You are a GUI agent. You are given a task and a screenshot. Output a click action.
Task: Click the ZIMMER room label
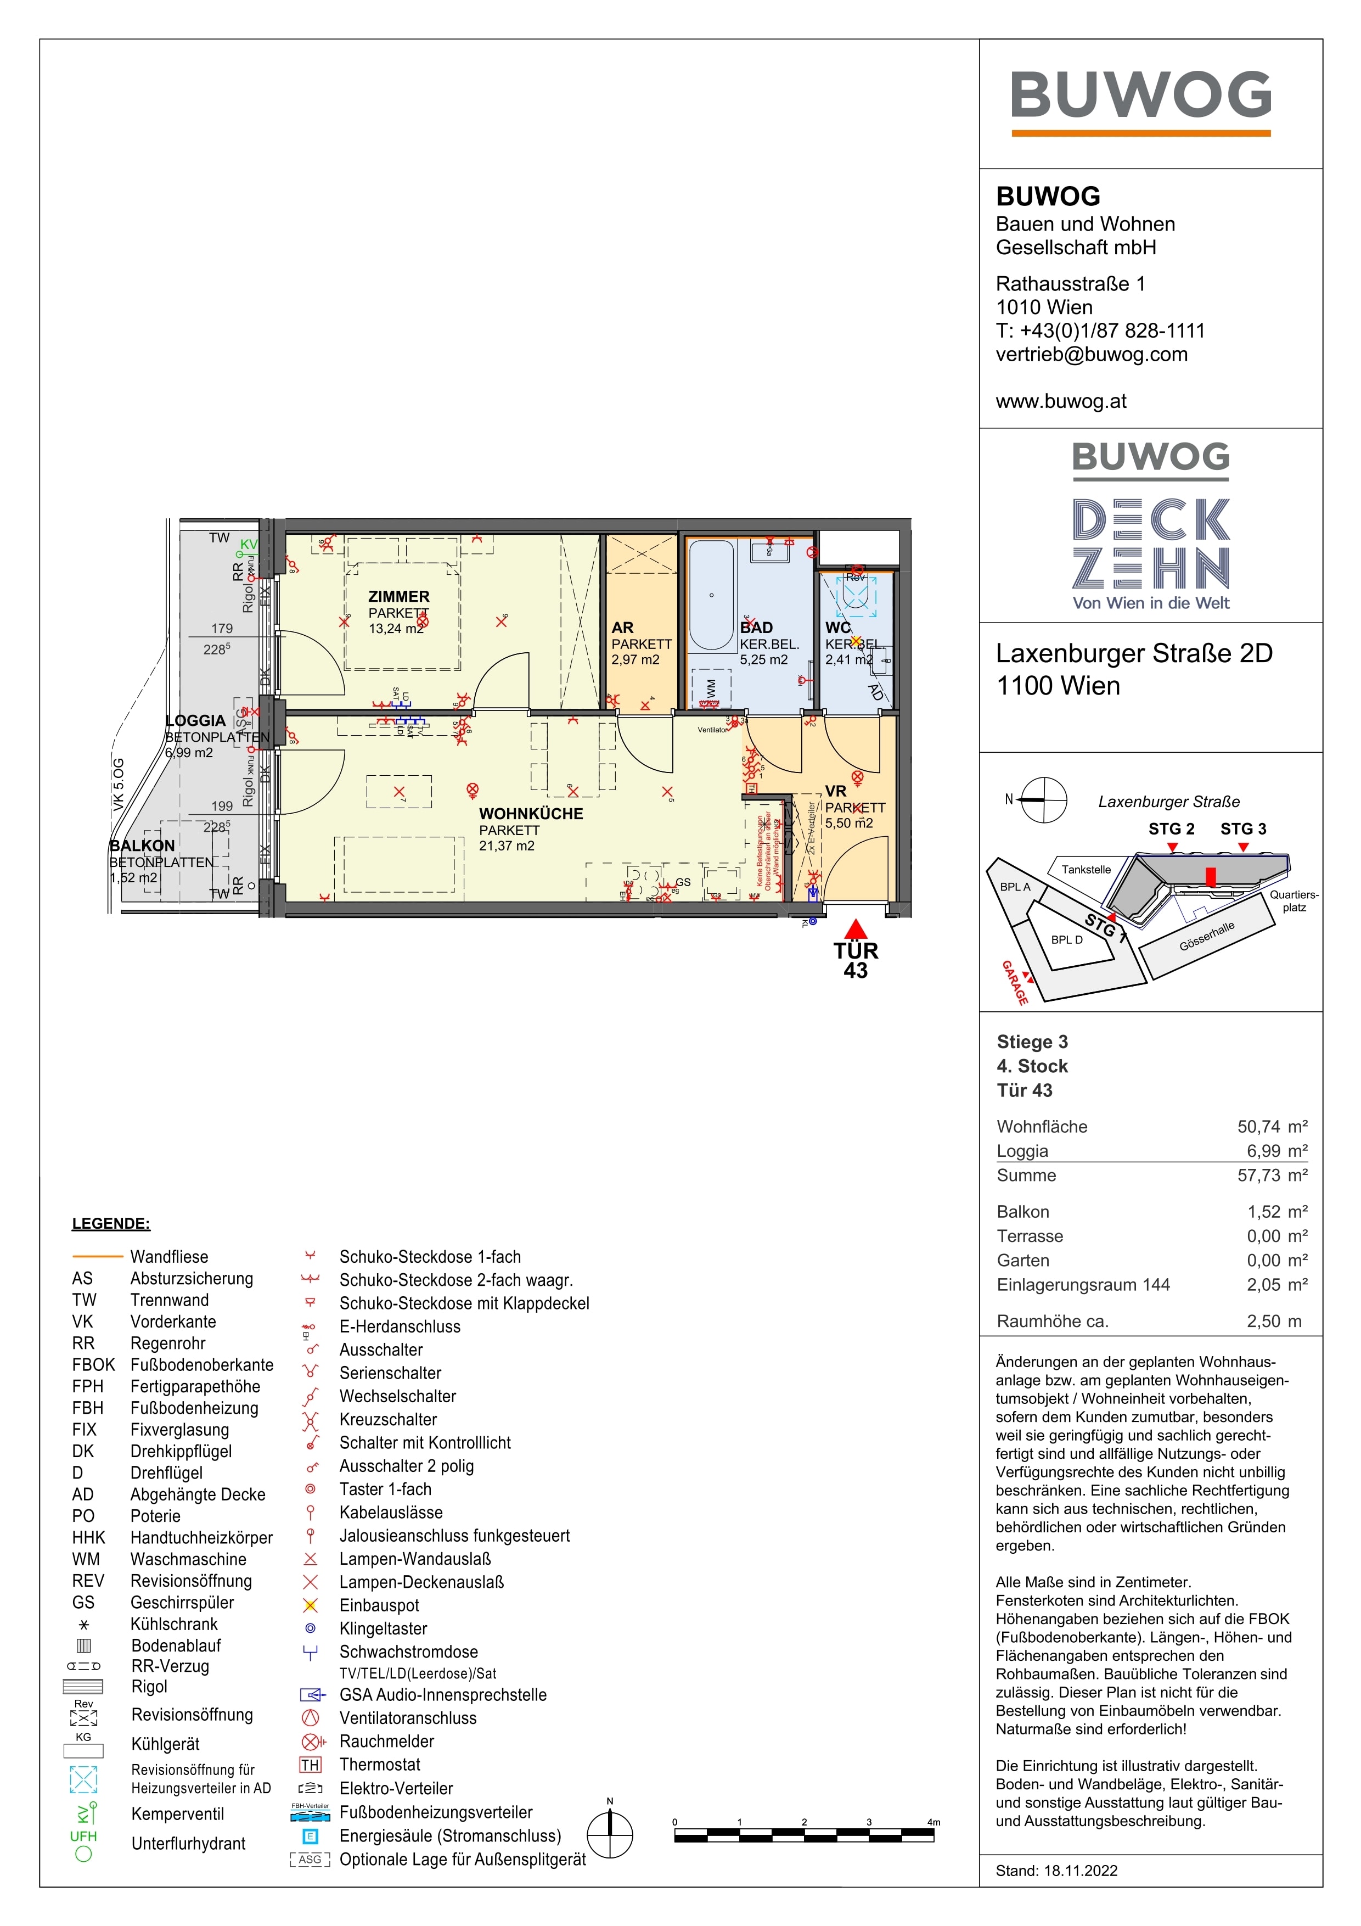tap(398, 596)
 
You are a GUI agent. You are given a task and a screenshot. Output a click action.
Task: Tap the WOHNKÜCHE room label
tap(530, 814)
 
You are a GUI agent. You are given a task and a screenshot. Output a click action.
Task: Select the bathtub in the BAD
tap(711, 596)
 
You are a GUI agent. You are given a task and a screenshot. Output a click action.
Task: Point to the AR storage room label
tap(622, 628)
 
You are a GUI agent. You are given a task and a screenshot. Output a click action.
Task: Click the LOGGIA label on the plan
tap(196, 720)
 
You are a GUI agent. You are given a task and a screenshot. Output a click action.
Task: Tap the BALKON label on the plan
tap(143, 846)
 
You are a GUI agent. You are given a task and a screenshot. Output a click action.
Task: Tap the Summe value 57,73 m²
tap(1272, 1175)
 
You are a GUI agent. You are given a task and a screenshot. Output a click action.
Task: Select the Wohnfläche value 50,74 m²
tap(1272, 1127)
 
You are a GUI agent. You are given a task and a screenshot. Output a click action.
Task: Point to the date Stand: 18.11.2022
tap(1056, 1871)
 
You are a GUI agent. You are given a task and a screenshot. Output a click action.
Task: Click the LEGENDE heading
tap(111, 1223)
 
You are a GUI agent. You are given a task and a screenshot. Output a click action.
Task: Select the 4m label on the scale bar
tap(933, 1822)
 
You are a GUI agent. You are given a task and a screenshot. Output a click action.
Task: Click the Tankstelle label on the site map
tap(1086, 869)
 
